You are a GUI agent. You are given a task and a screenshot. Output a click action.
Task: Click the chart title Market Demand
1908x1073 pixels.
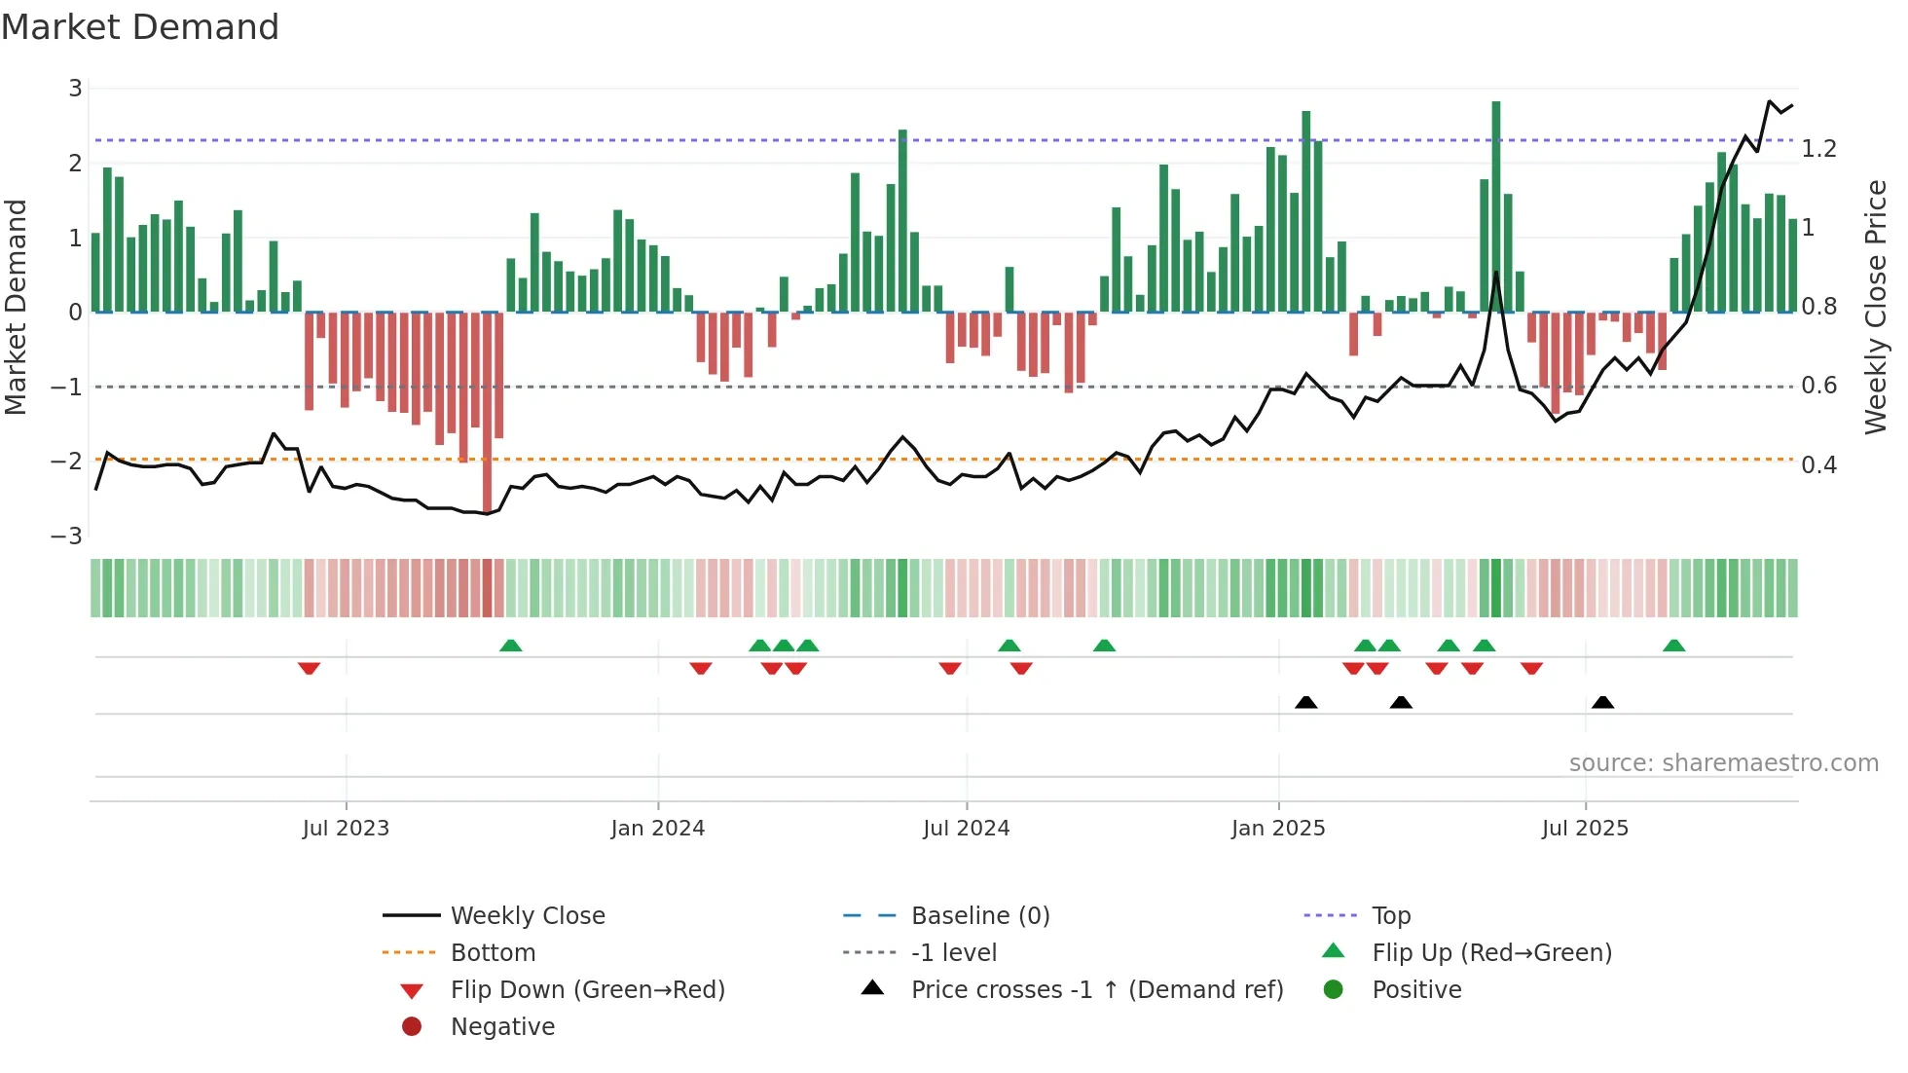[140, 27]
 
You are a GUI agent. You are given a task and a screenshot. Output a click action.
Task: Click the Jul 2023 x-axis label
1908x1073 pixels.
[346, 829]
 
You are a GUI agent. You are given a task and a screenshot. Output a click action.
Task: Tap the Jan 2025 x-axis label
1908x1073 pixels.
[1277, 829]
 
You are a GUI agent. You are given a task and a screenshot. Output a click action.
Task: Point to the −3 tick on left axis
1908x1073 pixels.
[67, 536]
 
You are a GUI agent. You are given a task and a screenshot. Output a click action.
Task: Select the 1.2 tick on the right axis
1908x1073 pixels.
[1818, 149]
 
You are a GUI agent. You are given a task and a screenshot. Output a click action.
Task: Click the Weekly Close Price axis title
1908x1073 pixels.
[1875, 307]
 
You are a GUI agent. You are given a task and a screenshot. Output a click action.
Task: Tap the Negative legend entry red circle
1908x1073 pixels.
[412, 1027]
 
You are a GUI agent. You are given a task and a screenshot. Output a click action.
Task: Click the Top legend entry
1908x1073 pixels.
[1390, 916]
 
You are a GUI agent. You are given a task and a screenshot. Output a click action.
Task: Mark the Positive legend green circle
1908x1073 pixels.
[1334, 990]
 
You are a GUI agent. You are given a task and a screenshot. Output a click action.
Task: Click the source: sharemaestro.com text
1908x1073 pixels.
[1723, 763]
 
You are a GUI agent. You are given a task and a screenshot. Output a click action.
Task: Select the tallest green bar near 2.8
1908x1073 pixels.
[1496, 204]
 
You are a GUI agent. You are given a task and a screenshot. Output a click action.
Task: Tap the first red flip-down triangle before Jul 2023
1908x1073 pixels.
[309, 668]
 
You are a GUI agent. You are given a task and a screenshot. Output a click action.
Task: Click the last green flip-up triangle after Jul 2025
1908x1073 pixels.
[1673, 646]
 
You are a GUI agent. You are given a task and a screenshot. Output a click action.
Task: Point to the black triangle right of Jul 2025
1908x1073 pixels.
[1602, 702]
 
